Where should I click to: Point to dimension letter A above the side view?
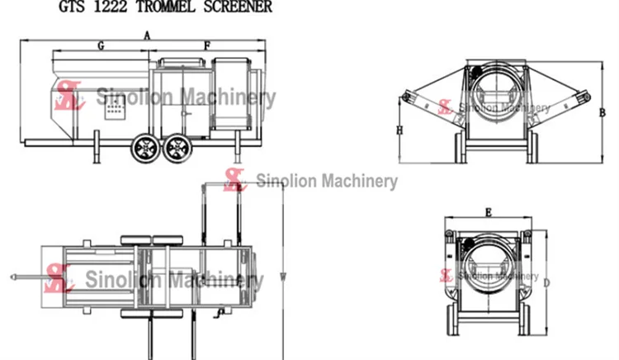(146, 36)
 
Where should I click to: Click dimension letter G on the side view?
(100, 46)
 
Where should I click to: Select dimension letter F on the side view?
(207, 46)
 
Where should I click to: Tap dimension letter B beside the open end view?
(602, 112)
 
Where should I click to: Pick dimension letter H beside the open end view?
(399, 131)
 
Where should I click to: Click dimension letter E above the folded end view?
(488, 213)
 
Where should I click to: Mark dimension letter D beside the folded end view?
(546, 282)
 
